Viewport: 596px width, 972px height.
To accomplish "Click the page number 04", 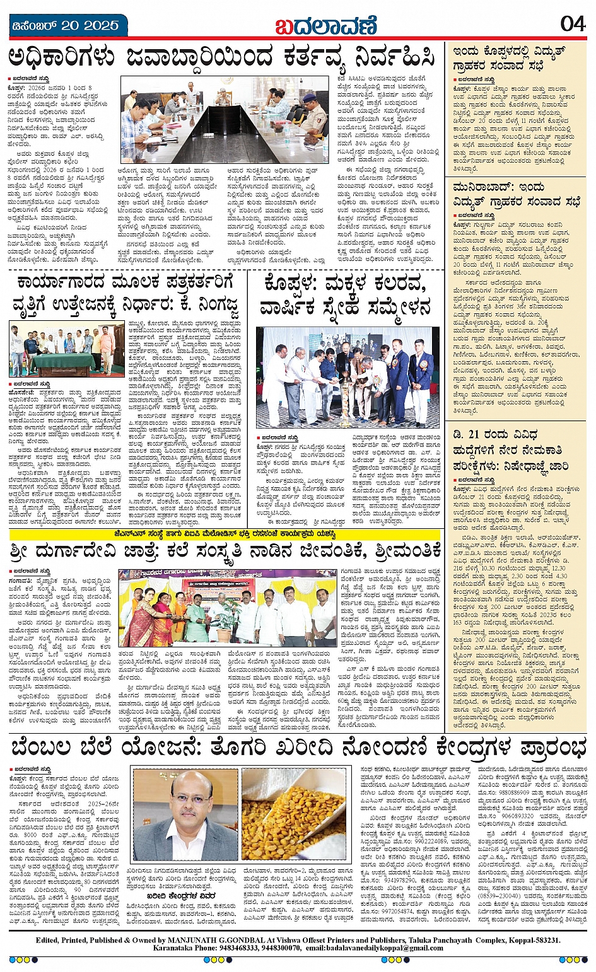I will pyautogui.click(x=573, y=23).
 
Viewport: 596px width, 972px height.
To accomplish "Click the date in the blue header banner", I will pyautogui.click(x=66, y=26).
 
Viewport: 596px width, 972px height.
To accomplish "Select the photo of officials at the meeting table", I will pyautogui.click(x=225, y=120).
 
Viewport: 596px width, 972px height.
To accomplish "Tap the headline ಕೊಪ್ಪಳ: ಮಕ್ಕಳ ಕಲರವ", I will pyautogui.click(x=346, y=296).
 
